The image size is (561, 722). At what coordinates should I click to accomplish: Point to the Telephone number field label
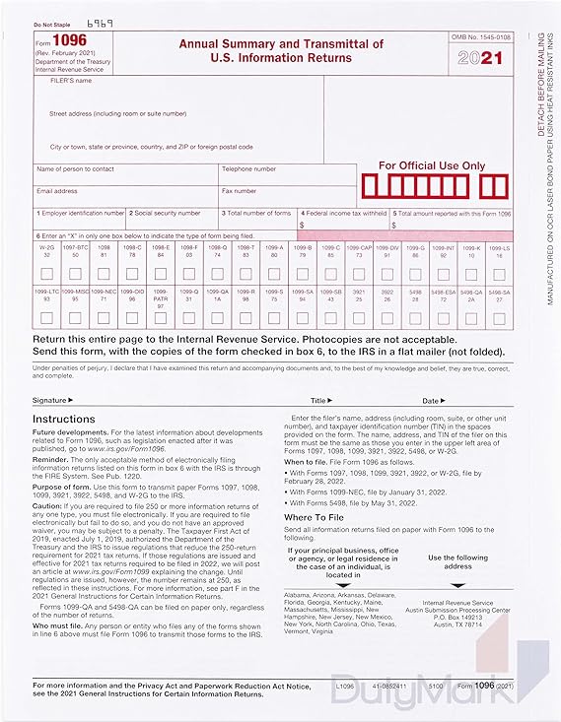click(249, 168)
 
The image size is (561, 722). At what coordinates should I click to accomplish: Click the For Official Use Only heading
click(433, 165)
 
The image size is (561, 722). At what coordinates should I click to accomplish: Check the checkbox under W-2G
click(47, 273)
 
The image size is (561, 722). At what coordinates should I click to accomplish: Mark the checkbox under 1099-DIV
click(387, 273)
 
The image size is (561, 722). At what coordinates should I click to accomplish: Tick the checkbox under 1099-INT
click(444, 273)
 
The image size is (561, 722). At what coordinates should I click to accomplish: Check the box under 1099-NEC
click(104, 316)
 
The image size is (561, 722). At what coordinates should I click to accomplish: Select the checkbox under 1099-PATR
click(161, 317)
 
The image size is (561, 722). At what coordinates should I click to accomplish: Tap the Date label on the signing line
click(431, 401)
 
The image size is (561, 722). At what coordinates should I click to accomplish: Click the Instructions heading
click(64, 419)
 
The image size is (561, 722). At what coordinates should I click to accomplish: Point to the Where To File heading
click(314, 516)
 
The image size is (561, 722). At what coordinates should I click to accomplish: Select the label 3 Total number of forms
click(256, 213)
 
